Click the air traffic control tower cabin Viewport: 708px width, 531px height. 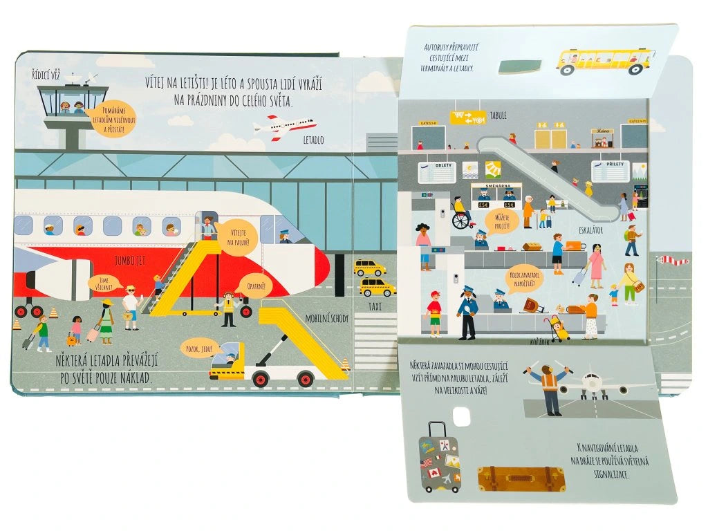(x=73, y=102)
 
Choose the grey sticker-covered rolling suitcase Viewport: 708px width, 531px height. (x=439, y=458)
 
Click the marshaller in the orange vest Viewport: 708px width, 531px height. (x=550, y=389)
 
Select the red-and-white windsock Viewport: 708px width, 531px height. (x=673, y=261)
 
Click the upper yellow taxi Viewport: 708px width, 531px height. (x=370, y=268)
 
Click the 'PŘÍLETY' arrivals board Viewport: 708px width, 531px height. (x=611, y=171)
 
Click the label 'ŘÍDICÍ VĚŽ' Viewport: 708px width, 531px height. (x=48, y=74)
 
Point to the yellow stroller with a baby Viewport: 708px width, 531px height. (x=559, y=328)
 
